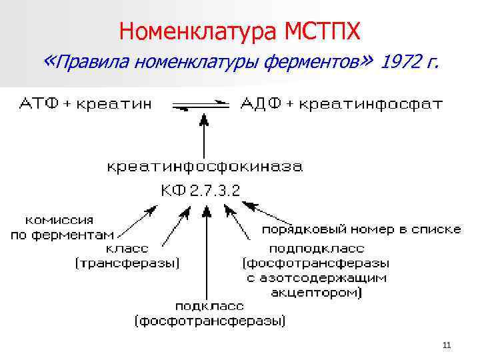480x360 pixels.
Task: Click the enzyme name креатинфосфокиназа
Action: (205, 166)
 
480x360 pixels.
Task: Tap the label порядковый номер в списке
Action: (361, 229)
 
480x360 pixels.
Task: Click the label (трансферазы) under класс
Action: (127, 264)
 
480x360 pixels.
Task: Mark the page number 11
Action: (446, 345)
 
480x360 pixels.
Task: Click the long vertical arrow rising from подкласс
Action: (207, 253)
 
